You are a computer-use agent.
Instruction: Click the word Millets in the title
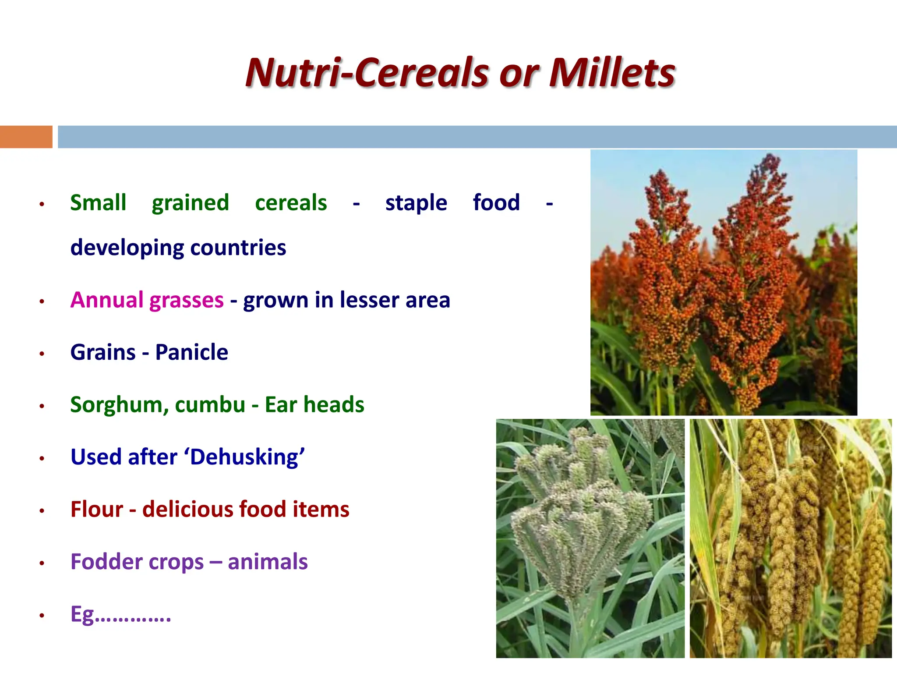click(x=612, y=73)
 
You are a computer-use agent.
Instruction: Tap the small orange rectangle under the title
click(x=26, y=137)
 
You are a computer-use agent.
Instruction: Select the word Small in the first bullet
click(x=98, y=203)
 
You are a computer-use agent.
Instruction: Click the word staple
click(x=416, y=203)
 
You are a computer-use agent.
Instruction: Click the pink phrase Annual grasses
click(x=147, y=300)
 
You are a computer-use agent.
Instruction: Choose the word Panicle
click(x=191, y=352)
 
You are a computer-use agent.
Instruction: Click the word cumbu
click(x=210, y=405)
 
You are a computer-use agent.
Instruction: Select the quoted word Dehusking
click(x=244, y=457)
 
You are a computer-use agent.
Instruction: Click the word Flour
click(x=97, y=510)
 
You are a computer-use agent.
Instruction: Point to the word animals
click(x=268, y=562)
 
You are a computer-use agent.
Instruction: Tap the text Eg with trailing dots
click(x=120, y=614)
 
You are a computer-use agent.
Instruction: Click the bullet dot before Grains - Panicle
click(x=42, y=354)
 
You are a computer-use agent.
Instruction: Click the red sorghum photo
click(x=724, y=283)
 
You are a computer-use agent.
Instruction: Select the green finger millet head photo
click(x=590, y=538)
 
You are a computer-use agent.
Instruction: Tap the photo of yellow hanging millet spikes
click(x=790, y=538)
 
